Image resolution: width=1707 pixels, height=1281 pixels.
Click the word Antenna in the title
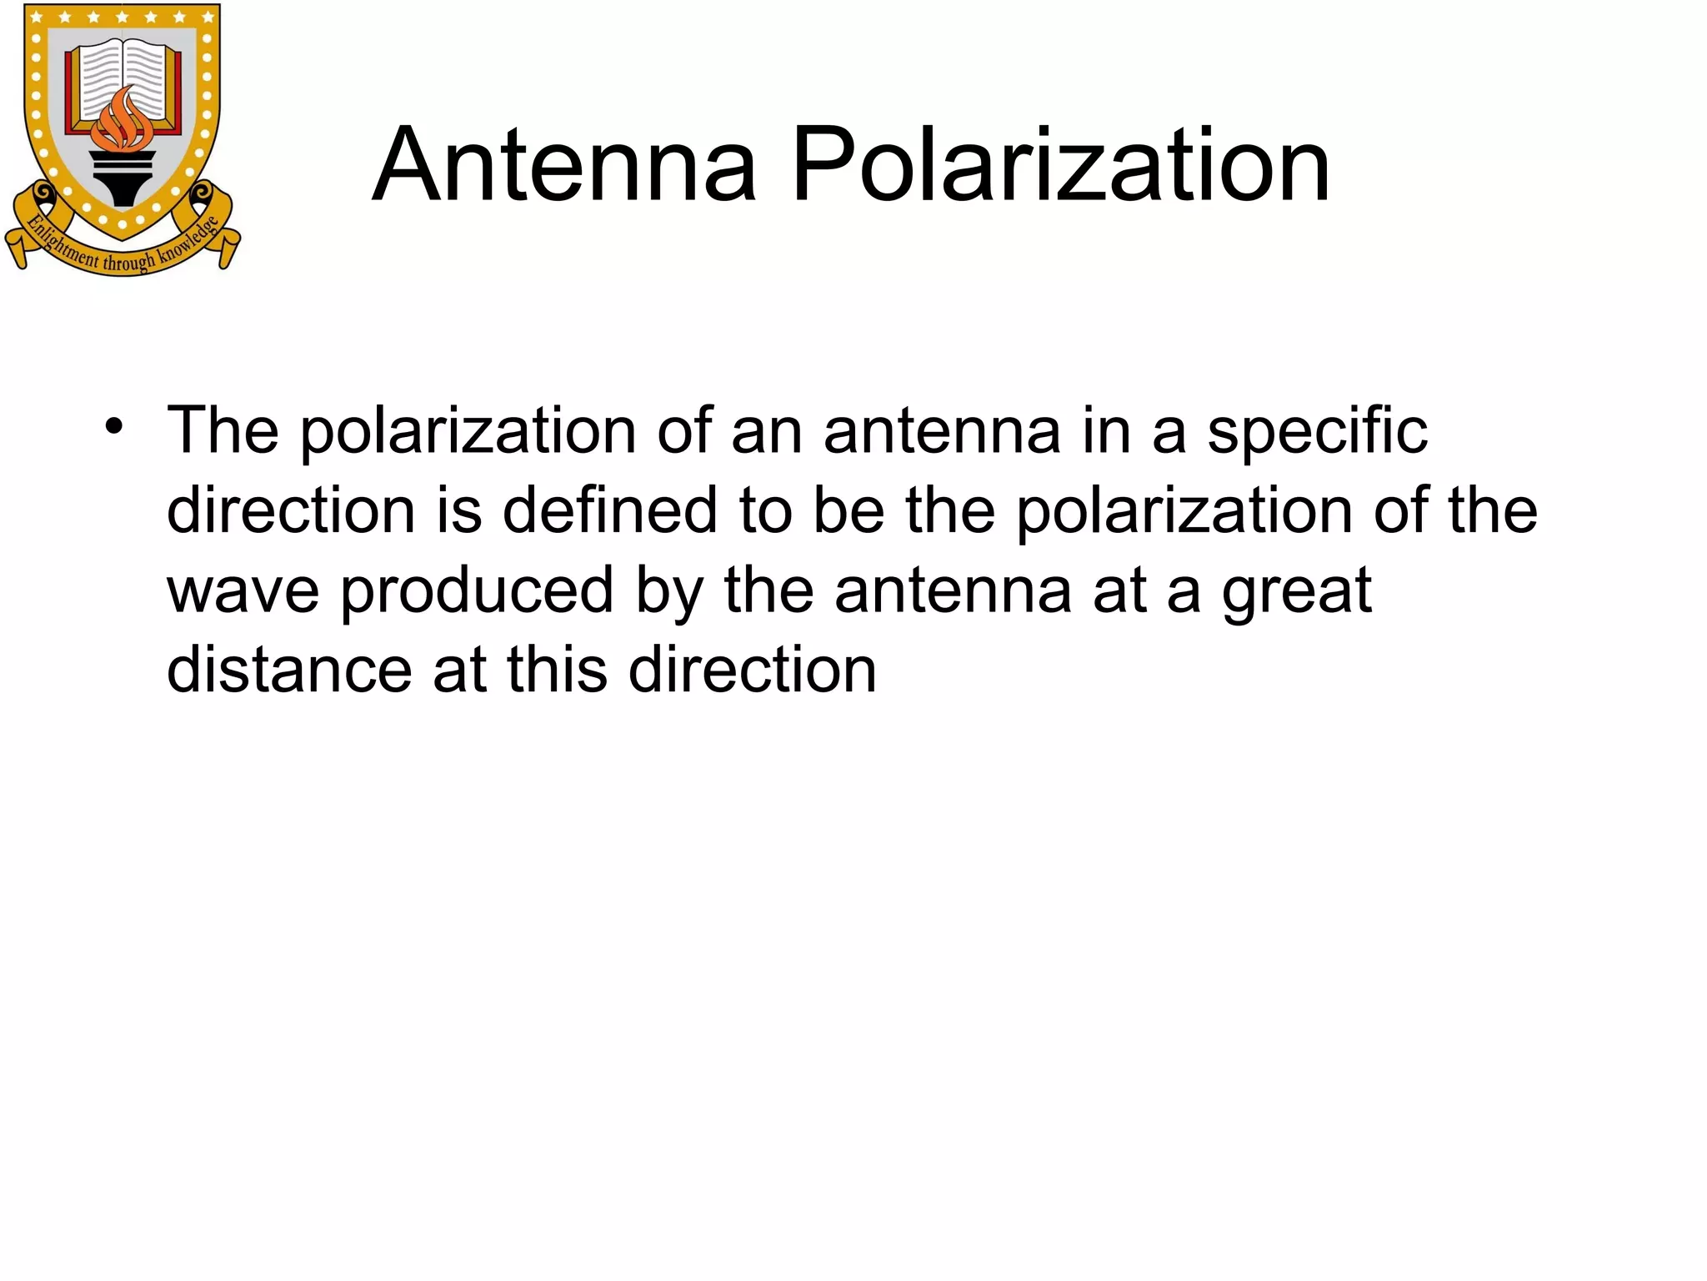(564, 164)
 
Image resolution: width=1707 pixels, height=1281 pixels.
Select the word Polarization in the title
(1060, 164)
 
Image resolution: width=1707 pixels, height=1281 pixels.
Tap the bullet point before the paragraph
(114, 428)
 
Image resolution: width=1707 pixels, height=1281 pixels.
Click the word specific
(1317, 432)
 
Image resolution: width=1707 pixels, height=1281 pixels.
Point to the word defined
(609, 510)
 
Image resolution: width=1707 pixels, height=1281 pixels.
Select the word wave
(243, 590)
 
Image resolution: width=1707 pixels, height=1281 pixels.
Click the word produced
(477, 590)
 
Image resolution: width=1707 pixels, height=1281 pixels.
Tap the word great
(1296, 590)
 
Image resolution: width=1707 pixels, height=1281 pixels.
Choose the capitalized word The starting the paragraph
(223, 430)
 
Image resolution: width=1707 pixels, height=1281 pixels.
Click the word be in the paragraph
(848, 510)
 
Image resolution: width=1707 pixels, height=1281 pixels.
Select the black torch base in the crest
(123, 179)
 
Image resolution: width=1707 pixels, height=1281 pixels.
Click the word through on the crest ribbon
(128, 262)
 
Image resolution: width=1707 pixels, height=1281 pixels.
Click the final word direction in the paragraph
(753, 670)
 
